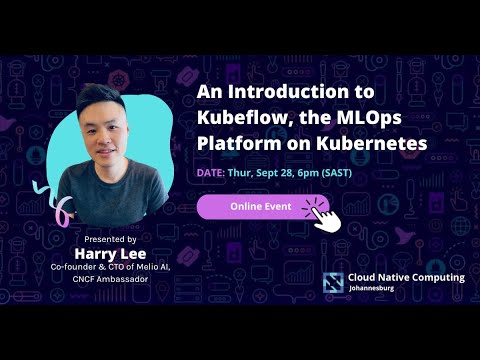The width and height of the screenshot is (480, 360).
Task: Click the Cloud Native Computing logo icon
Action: [x=334, y=282]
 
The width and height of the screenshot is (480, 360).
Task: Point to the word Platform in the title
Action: [x=235, y=143]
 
